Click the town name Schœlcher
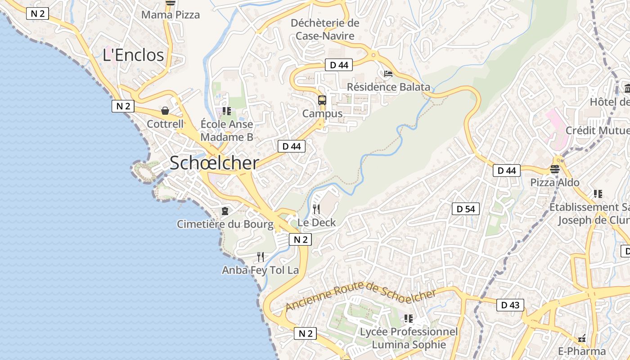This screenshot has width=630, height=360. (214, 163)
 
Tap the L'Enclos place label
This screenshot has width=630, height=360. (133, 55)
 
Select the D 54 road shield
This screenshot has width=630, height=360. (466, 209)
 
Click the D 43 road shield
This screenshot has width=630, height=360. (510, 305)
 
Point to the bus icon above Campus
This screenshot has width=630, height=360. (322, 100)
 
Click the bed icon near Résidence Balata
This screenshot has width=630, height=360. (388, 74)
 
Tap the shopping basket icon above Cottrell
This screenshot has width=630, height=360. (165, 111)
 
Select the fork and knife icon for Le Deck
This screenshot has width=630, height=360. (316, 209)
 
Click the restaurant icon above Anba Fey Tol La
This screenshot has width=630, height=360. (261, 257)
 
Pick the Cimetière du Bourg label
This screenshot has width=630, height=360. (225, 224)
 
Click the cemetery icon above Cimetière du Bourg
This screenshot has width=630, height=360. (225, 211)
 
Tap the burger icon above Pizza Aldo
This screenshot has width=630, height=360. (554, 169)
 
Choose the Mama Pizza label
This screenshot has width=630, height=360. (171, 15)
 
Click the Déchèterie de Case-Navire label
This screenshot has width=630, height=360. (325, 29)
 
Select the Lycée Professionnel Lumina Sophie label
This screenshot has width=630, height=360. (409, 338)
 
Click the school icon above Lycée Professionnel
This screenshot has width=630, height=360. (409, 319)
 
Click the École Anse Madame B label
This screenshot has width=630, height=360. (227, 130)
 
